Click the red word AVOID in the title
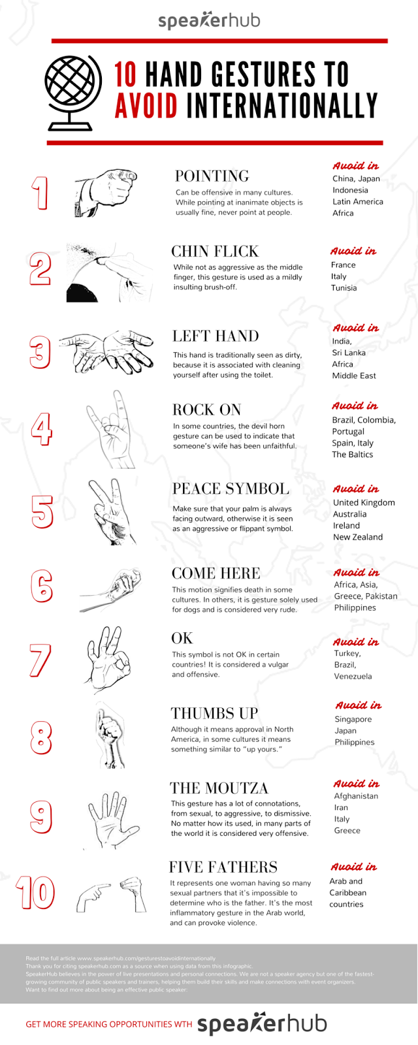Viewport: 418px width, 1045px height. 146,106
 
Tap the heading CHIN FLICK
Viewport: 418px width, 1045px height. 215,251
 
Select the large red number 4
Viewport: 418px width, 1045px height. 41,429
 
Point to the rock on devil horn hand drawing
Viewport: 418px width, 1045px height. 111,429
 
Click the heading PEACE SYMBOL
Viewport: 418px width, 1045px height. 231,489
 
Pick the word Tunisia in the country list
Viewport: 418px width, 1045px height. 344,288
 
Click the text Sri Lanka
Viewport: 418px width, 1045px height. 349,353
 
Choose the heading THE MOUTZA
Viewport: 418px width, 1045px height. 219,788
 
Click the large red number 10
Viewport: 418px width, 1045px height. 35,893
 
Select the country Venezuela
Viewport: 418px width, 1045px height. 353,677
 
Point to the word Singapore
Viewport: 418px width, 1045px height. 353,719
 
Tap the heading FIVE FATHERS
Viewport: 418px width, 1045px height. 223,867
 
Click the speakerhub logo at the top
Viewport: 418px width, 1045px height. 209,21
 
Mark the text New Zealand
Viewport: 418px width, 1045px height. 358,537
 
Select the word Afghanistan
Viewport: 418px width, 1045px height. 356,796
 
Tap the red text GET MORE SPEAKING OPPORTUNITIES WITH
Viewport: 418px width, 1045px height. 108,1024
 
